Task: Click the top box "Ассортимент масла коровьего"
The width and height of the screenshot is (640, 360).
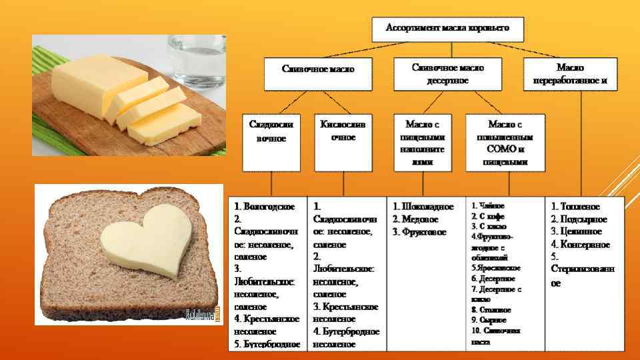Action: tap(447, 28)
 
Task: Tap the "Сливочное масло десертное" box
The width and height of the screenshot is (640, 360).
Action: tap(447, 74)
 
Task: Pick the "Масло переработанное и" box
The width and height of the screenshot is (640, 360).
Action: tap(569, 74)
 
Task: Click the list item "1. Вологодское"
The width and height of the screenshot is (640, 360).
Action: tap(265, 207)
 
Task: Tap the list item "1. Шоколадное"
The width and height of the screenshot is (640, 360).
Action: tap(423, 207)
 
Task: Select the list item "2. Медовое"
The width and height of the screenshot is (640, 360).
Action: tap(415, 219)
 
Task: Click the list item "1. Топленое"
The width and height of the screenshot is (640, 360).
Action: tap(575, 207)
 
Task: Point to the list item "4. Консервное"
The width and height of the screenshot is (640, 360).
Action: tap(580, 245)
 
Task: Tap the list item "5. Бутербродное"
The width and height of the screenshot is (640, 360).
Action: tap(267, 344)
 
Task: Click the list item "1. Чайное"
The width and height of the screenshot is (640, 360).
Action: tap(488, 206)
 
